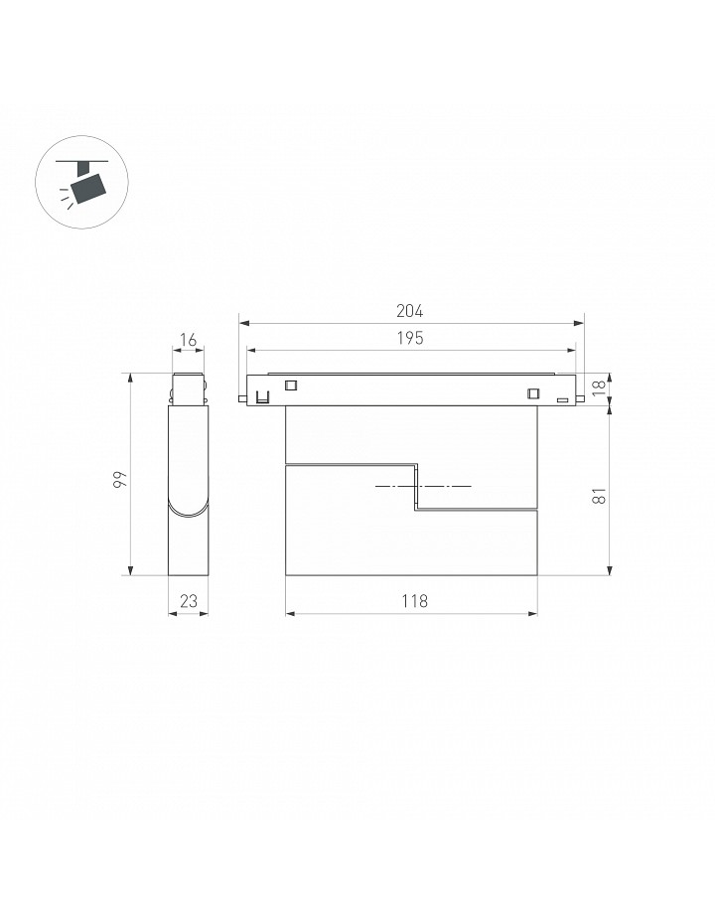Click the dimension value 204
pyautogui.click(x=409, y=311)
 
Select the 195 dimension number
pyautogui.click(x=410, y=338)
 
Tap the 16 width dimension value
pyautogui.click(x=188, y=340)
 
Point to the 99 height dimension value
pyautogui.click(x=120, y=479)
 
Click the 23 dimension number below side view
pyautogui.click(x=189, y=601)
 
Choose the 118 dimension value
pyautogui.click(x=415, y=601)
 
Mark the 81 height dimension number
pyautogui.click(x=599, y=496)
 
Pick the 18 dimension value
pyautogui.click(x=599, y=387)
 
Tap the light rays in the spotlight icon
pyautogui.click(x=66, y=198)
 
